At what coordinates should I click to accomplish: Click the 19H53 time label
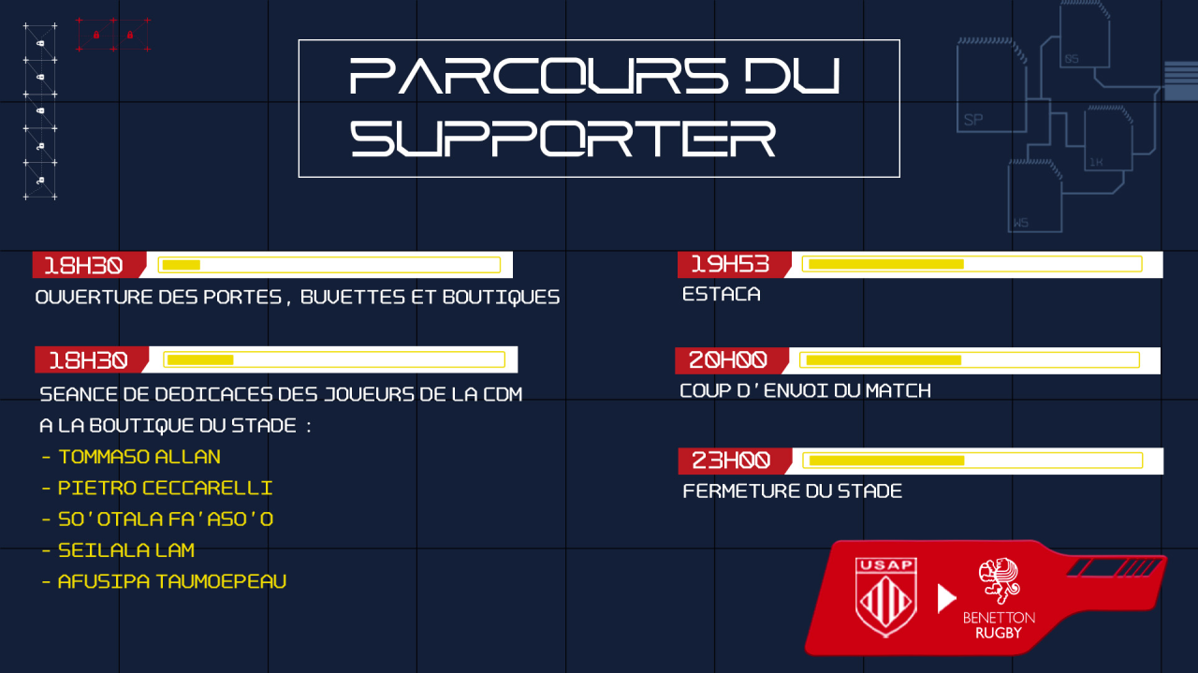730,264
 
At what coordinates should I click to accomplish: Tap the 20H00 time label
727,360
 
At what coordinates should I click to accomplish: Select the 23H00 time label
731,461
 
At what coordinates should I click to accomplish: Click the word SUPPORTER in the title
562,139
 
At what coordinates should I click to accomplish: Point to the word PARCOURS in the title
538,76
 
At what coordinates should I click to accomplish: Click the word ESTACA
721,294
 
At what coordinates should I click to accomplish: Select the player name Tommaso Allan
139,457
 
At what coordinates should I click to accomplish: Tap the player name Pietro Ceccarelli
165,488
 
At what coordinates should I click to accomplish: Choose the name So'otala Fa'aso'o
166,519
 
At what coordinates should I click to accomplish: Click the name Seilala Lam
126,550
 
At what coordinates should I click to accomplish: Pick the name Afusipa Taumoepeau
171,581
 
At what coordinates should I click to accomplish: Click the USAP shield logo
886,596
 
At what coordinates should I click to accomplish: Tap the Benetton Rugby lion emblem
999,581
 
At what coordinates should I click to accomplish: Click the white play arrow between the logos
946,599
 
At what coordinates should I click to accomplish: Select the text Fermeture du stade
792,491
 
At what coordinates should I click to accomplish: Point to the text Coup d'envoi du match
805,391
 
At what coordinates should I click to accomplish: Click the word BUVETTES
353,298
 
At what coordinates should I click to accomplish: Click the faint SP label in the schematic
972,120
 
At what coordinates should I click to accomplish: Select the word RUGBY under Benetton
999,634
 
